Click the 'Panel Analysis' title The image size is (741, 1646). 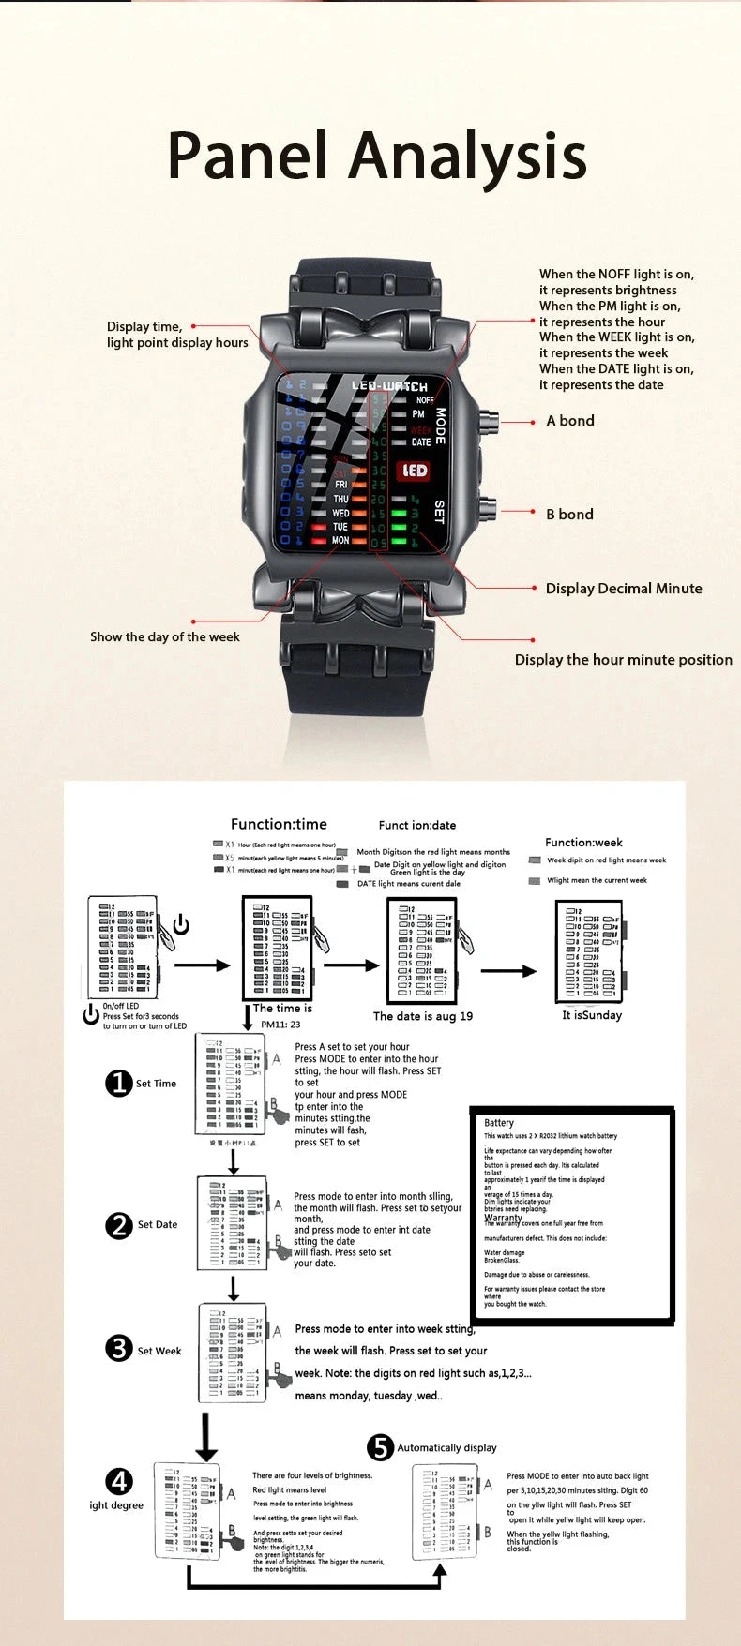tap(377, 156)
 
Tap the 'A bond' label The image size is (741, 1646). tap(570, 421)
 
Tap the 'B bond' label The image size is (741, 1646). tap(569, 515)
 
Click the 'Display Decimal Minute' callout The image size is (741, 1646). tap(624, 589)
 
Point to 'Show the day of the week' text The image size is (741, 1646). tap(165, 637)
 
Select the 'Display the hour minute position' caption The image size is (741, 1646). tap(623, 660)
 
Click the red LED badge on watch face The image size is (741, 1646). tap(415, 471)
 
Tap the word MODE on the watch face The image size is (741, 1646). tap(440, 426)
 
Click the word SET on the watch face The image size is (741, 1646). tap(439, 512)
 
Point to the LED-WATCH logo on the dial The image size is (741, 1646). tap(389, 386)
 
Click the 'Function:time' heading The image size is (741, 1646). tap(279, 825)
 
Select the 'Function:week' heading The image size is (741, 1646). tap(583, 843)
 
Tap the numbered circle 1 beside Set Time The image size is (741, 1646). tap(118, 1084)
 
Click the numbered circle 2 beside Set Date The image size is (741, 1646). tap(119, 1225)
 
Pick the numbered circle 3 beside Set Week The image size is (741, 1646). tap(119, 1349)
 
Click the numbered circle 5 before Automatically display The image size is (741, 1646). tap(380, 1447)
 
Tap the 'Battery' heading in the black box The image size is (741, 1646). tap(499, 1123)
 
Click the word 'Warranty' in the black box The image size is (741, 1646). tap(503, 1218)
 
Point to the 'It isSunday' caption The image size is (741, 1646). tap(592, 1015)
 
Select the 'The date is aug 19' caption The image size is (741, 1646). tap(423, 1016)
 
